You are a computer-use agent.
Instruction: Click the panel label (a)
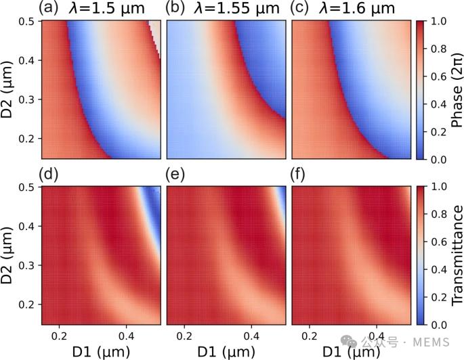pos(49,7)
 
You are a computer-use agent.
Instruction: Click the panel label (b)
pos(175,7)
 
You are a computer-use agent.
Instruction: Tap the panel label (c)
pos(299,7)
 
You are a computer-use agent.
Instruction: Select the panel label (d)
pos(49,175)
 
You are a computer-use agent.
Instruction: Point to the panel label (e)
pos(175,175)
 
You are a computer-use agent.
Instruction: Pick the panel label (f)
pos(298,175)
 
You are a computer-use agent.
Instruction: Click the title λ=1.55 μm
pos(236,8)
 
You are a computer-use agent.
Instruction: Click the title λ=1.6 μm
pos(357,8)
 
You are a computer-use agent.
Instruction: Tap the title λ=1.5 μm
pos(107,8)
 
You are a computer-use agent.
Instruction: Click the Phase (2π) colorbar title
pos(457,90)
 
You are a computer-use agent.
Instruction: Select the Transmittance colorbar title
pos(457,255)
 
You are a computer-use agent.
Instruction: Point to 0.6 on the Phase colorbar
pos(438,76)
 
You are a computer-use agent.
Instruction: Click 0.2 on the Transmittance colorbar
pos(438,297)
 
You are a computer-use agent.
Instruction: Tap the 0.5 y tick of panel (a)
pos(26,22)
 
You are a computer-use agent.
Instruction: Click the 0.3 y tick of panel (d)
pos(26,265)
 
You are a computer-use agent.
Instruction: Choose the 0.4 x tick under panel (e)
pos(251,336)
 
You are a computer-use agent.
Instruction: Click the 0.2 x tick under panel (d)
pos(60,336)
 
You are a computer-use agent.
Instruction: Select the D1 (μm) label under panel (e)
pos(226,352)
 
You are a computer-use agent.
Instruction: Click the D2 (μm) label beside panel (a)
pos(7,90)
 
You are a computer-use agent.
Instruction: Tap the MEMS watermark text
pos(431,342)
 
